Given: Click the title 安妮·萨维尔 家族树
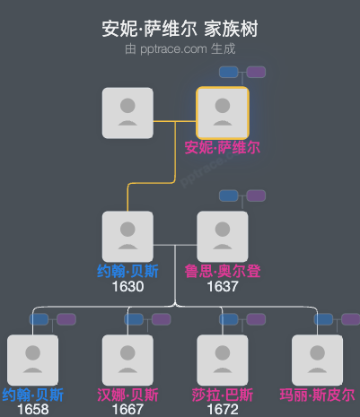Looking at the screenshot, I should click(x=180, y=29).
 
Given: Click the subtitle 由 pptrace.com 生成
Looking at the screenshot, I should click(x=180, y=48).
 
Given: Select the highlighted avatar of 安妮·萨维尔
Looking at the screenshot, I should click(x=223, y=113).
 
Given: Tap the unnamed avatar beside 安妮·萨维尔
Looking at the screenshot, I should click(x=127, y=113).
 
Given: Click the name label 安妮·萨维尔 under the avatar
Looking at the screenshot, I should click(x=223, y=148).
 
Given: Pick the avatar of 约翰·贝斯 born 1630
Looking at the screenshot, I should click(x=127, y=237).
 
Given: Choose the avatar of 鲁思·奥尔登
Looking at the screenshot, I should click(x=223, y=237).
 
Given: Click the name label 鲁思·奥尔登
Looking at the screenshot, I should click(x=223, y=271).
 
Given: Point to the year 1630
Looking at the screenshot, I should click(x=127, y=286).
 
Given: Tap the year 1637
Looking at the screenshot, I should click(x=223, y=286).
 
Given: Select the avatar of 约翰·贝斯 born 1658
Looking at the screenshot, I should click(x=32, y=361).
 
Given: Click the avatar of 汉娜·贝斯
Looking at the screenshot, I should click(x=127, y=361).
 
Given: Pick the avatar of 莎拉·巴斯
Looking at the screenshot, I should click(x=223, y=361).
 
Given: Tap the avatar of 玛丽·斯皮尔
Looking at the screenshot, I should click(x=318, y=361).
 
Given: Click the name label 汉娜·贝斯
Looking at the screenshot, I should click(x=127, y=395).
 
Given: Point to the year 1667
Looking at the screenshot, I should click(x=127, y=410).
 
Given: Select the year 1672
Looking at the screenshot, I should click(x=223, y=410).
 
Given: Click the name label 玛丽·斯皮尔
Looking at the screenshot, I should click(x=318, y=395).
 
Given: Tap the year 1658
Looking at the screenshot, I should click(x=32, y=410).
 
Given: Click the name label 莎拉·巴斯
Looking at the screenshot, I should click(x=223, y=395).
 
